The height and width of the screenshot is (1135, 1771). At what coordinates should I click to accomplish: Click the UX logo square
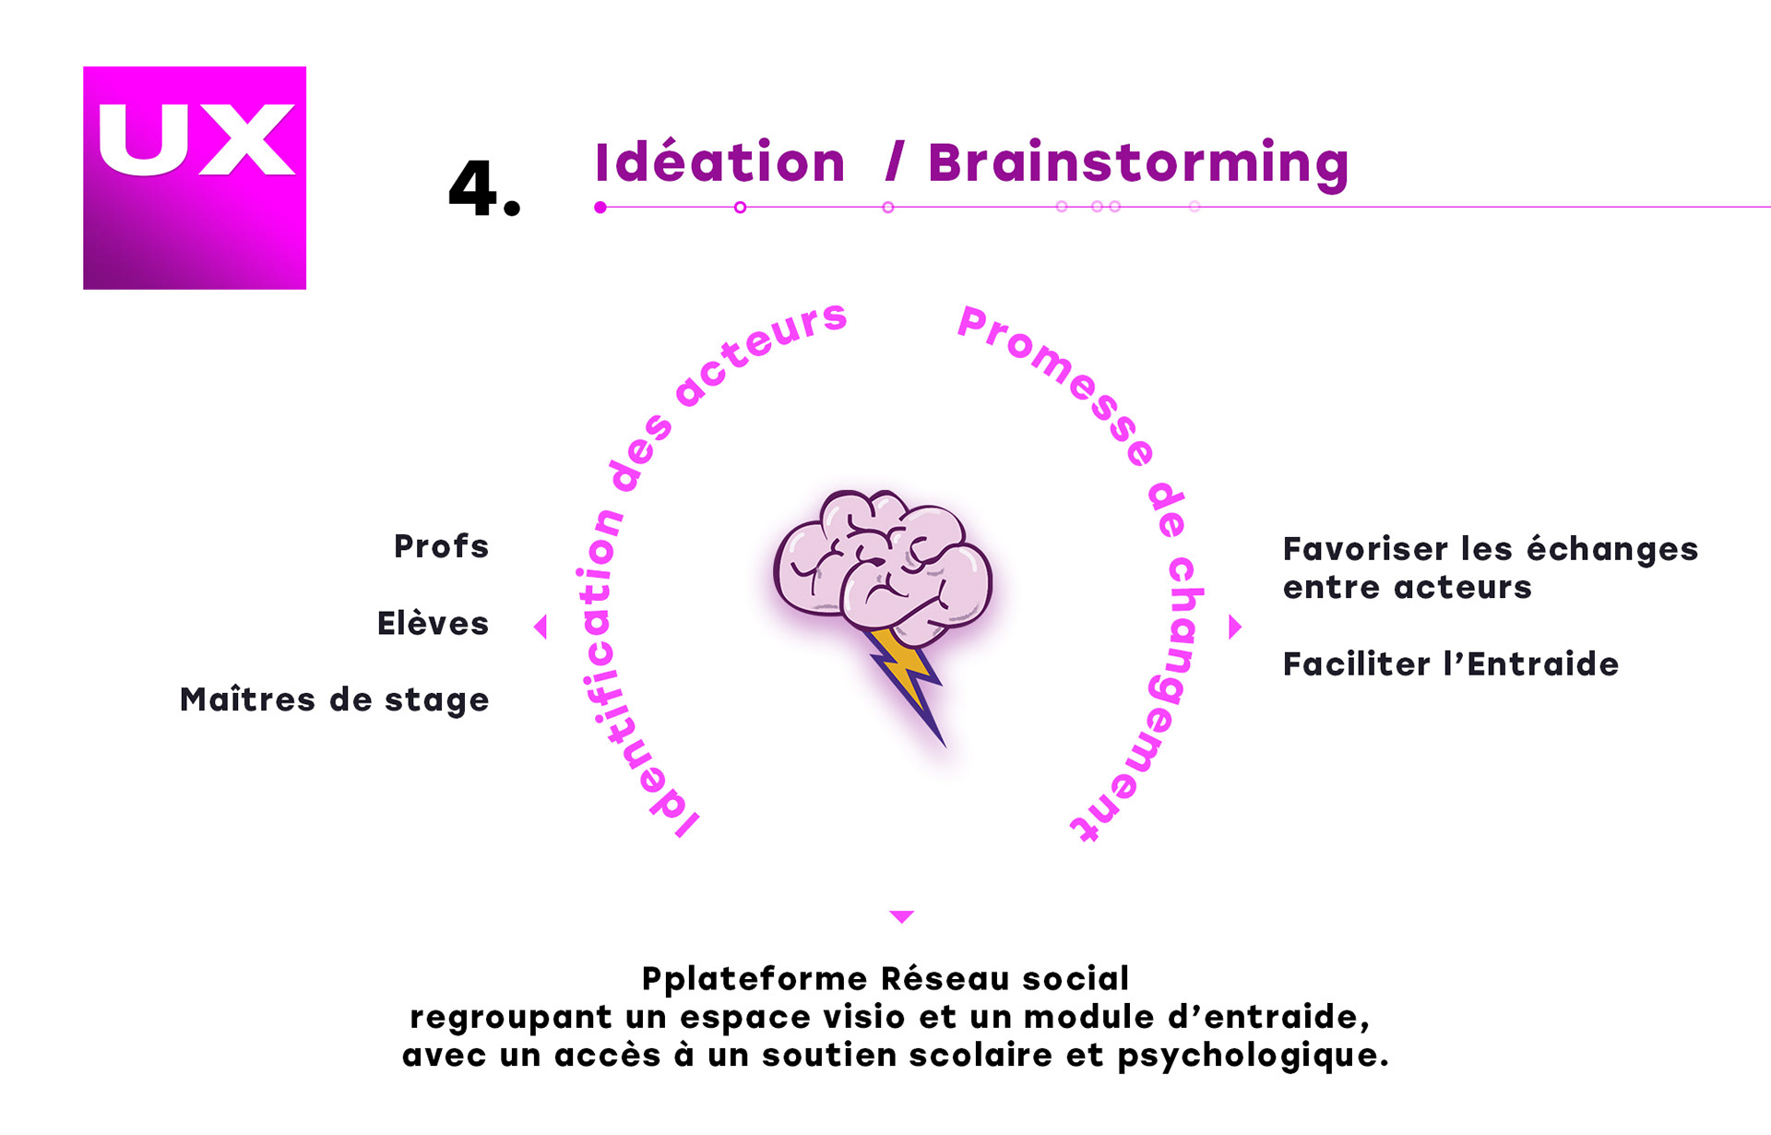coord(195,177)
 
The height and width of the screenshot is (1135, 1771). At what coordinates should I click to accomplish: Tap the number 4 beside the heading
coord(473,187)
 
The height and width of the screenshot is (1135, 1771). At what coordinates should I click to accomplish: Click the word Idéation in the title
coord(719,162)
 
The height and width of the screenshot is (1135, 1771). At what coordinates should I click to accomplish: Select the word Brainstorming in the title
coord(1138,164)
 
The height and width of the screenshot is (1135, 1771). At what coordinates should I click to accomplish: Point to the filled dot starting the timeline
coord(600,208)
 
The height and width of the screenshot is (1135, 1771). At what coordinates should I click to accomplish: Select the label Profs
coord(441,546)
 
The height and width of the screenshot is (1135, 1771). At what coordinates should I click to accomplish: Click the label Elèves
coord(433,624)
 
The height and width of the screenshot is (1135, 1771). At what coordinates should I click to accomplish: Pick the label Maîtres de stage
coord(334,700)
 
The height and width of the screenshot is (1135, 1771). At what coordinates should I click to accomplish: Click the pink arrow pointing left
coord(541,627)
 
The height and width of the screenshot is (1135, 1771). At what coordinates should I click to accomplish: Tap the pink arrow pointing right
coord(1235,627)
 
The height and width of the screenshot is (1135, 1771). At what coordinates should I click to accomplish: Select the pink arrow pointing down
coord(901,916)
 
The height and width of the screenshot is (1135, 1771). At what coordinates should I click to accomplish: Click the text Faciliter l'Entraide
coord(1450,664)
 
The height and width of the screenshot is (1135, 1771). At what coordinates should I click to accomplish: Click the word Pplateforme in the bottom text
coord(755,978)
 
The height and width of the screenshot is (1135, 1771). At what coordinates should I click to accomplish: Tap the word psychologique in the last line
coord(1253,1056)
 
